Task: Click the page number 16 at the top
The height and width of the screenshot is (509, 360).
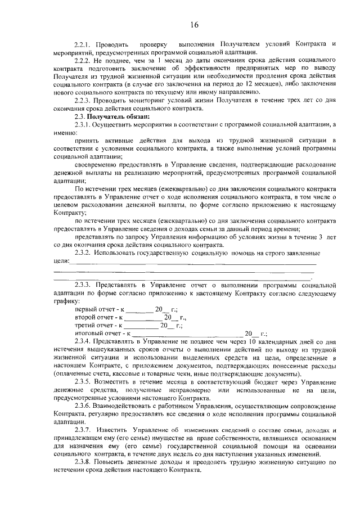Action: click(195, 24)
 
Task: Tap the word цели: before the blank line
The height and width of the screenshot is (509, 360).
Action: click(61, 262)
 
